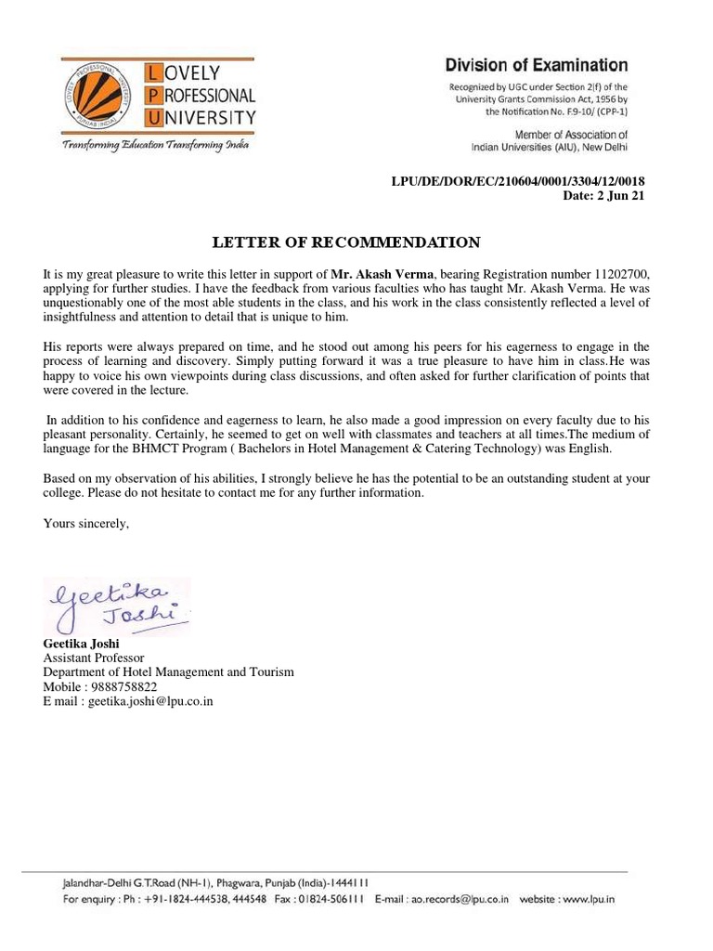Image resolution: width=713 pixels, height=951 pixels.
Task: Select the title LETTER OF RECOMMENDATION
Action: (x=346, y=242)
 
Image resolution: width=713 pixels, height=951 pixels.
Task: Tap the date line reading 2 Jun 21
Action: (x=604, y=196)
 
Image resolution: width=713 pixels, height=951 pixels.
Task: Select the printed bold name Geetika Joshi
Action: (x=81, y=643)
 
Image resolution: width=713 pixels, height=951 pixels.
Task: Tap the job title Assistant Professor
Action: (x=93, y=658)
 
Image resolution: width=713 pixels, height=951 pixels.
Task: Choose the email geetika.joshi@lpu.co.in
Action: (x=151, y=702)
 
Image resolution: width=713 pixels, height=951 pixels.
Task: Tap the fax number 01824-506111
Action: (x=330, y=899)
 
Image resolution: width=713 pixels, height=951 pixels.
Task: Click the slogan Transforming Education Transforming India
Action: (x=155, y=146)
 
